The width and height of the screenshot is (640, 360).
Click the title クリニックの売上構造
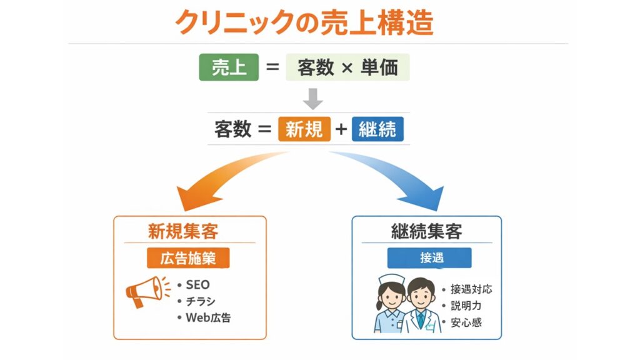[304, 22]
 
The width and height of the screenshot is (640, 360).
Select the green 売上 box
[229, 67]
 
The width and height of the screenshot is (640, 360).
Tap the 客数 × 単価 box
[347, 67]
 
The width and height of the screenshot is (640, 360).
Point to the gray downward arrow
[312, 99]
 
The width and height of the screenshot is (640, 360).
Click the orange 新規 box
[304, 129]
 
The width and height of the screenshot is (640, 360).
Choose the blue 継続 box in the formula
[377, 129]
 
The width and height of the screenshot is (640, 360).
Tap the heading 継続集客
[426, 231]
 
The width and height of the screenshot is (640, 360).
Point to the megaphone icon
[146, 291]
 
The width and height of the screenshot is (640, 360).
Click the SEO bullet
[197, 284]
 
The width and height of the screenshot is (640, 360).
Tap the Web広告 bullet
[208, 317]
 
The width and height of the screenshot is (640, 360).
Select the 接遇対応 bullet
[471, 289]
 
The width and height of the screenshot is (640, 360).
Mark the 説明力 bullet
[466, 306]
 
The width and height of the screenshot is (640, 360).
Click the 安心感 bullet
[466, 322]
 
